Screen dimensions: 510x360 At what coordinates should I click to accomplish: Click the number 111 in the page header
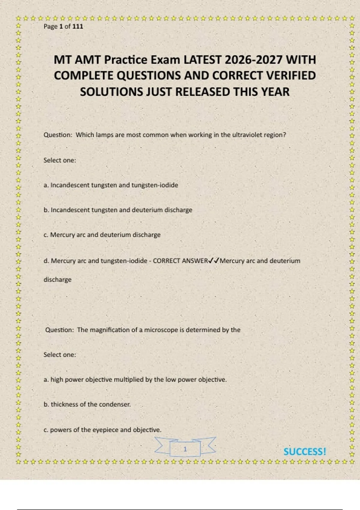[78, 26]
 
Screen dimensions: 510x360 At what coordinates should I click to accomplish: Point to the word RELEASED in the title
[202, 92]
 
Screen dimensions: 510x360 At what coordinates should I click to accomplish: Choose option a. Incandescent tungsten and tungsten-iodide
[111, 185]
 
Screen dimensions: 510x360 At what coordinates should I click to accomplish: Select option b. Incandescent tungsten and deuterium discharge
[118, 210]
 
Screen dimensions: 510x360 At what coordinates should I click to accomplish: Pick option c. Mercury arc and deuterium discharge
[102, 235]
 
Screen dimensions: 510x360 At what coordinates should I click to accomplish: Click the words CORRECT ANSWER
[180, 261]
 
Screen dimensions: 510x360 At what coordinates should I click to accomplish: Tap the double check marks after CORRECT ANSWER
[214, 261]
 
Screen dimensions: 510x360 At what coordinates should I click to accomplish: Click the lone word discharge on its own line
[58, 280]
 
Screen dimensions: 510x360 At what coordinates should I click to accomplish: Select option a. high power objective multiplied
[135, 380]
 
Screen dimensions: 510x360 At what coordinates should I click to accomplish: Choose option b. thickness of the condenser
[87, 404]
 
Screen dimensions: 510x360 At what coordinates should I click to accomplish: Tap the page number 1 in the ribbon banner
[185, 449]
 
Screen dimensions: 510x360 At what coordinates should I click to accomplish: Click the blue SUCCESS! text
[304, 452]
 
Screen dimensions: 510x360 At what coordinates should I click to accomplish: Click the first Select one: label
[60, 160]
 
